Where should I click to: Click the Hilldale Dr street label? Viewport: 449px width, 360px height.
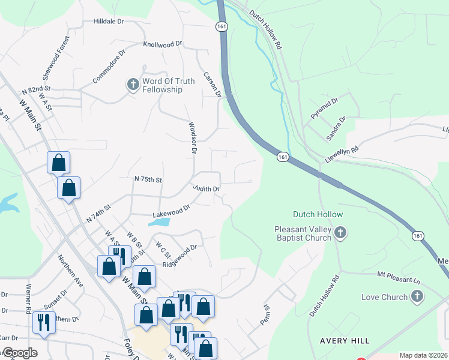point(108,21)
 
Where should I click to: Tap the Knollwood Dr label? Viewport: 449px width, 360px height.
point(162,44)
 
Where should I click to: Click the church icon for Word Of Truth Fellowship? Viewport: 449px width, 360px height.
point(133,85)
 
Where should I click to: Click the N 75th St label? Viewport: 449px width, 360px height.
point(148,179)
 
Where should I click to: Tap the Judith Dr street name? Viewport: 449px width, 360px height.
point(206,188)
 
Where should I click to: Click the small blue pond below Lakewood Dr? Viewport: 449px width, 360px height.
point(158,221)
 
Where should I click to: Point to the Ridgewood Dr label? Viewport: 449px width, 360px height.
point(179,256)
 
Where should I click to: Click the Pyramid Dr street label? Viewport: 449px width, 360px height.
point(325,107)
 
